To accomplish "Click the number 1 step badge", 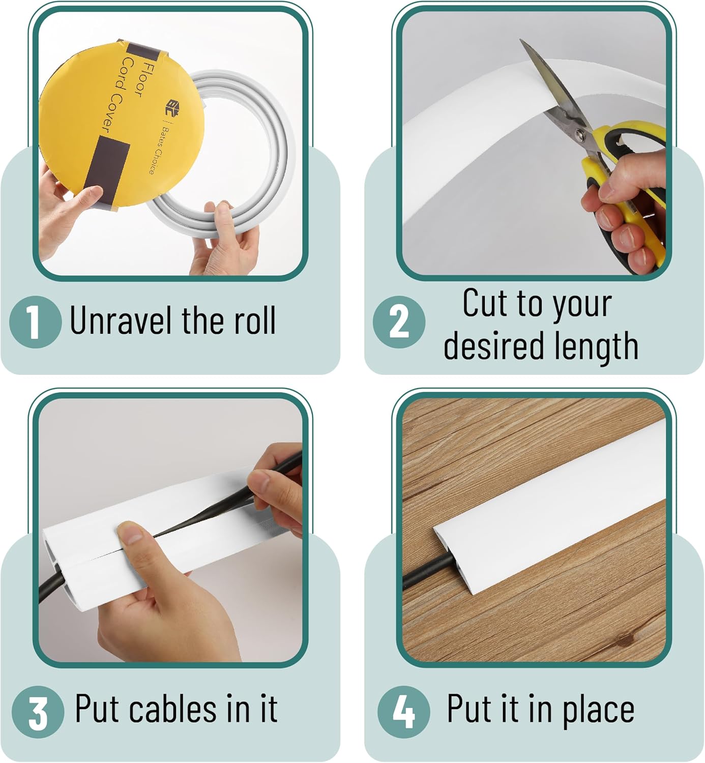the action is tap(35, 322).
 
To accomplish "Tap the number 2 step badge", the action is tap(399, 322).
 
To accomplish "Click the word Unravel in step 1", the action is tap(120, 320).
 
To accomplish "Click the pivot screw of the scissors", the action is tap(579, 134).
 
